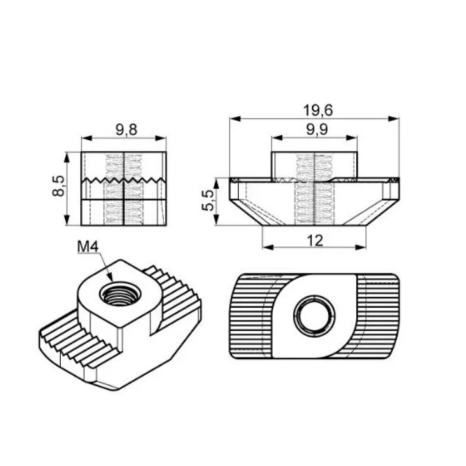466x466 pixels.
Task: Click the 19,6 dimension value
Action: coord(318,111)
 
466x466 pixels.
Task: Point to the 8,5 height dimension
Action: coord(58,186)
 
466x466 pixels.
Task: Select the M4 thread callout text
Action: coord(88,246)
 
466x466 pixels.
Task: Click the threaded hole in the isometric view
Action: coord(121,295)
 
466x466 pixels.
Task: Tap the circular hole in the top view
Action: coord(314,316)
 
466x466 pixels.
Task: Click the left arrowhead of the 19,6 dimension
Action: coord(235,119)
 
